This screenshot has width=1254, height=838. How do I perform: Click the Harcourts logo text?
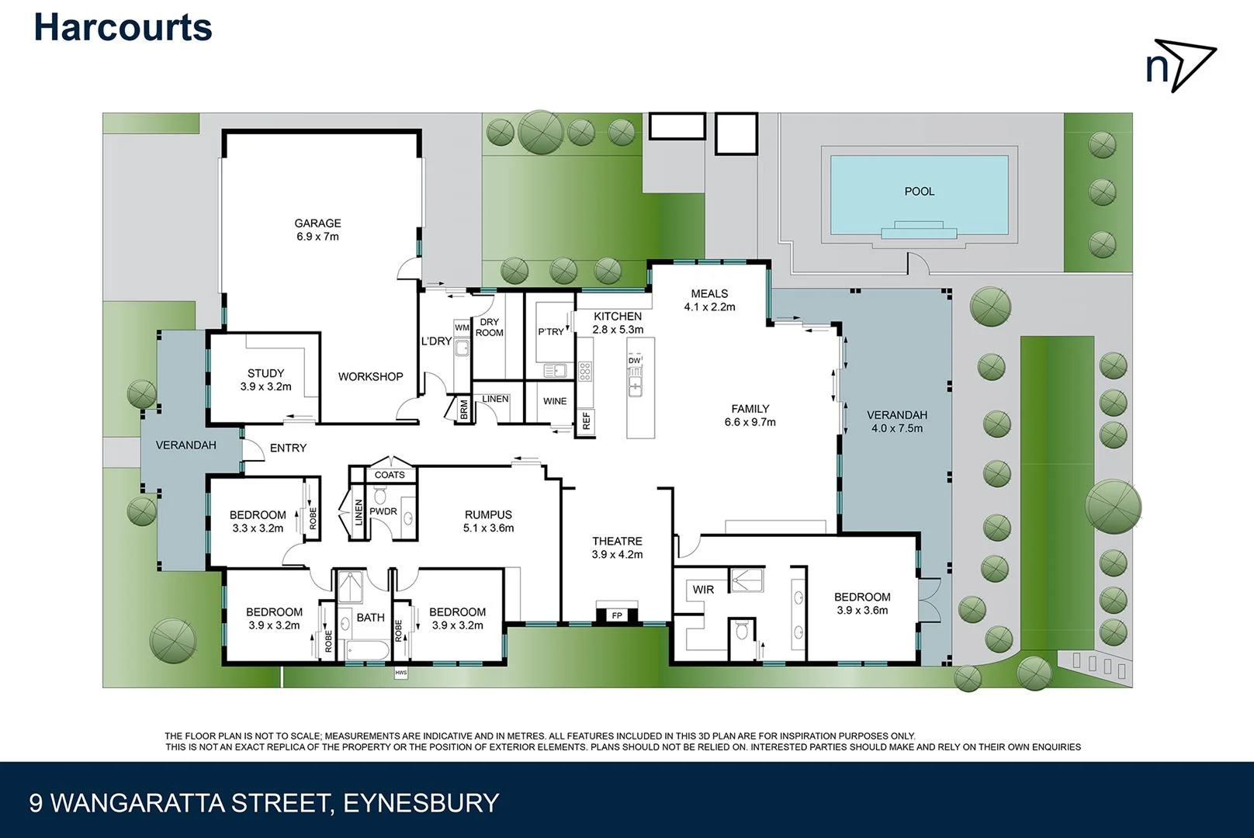tap(123, 28)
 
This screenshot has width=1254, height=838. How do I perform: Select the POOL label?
tap(919, 192)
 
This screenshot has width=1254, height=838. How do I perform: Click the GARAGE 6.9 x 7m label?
tap(317, 230)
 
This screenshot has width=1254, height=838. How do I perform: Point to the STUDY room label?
tap(265, 379)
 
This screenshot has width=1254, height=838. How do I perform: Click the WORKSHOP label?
tap(370, 377)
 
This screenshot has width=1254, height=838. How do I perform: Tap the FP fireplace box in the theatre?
tap(617, 615)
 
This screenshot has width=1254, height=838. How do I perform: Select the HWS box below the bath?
tap(400, 673)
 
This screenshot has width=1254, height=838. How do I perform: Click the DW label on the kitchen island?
tap(635, 361)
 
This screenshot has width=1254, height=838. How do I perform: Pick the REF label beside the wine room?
tap(586, 421)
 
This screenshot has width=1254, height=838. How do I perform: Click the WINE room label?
tap(554, 401)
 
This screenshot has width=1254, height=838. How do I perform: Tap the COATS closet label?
tap(390, 475)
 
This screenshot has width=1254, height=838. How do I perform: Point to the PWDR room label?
tap(383, 511)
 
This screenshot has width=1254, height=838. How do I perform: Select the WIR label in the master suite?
tap(703, 590)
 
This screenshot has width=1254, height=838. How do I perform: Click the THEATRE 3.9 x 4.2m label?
tap(617, 548)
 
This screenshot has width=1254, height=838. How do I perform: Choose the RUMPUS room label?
tap(488, 521)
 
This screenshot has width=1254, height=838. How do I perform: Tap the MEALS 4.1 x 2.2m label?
tap(709, 300)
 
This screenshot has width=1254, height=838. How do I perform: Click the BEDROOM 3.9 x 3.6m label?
tap(862, 604)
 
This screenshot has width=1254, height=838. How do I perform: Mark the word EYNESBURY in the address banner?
tap(421, 803)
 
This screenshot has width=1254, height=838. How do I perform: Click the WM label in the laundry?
tap(462, 328)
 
